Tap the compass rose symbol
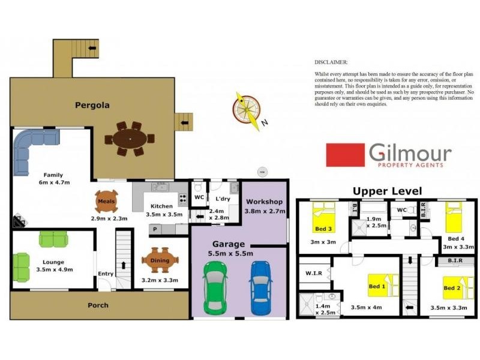point(247,110)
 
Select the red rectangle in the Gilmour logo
point(345,155)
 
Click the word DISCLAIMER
point(331,62)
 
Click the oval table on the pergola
point(130,139)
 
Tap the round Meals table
point(106,202)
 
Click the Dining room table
point(160,260)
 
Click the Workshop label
point(263,202)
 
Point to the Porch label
point(98,305)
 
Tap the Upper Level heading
point(387,191)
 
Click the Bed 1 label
point(376,287)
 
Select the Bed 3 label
point(322,229)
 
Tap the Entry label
point(106,274)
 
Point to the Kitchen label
point(161,206)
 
